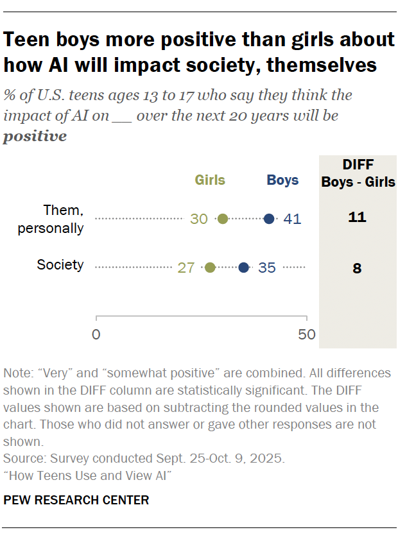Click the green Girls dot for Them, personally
(x=223, y=219)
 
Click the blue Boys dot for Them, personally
(x=269, y=219)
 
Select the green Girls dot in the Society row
(x=210, y=268)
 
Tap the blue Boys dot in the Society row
(x=244, y=268)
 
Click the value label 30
(x=199, y=219)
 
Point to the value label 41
(x=293, y=219)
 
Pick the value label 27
(x=186, y=268)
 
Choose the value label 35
(x=267, y=268)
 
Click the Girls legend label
(x=210, y=180)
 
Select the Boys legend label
(x=282, y=180)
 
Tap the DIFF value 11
(x=357, y=218)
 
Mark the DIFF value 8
(x=357, y=268)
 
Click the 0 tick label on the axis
(x=96, y=334)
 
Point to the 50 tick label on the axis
(x=307, y=334)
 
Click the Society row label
(x=60, y=264)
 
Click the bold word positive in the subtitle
(x=35, y=136)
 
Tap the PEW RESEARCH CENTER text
(x=76, y=500)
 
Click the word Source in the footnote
(x=21, y=459)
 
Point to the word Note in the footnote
(x=16, y=373)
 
